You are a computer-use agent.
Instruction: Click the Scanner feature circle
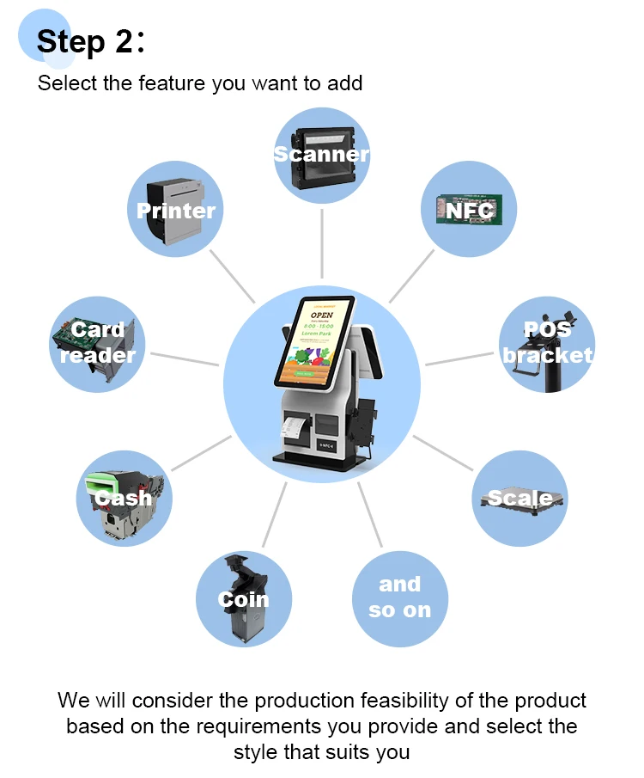(322, 156)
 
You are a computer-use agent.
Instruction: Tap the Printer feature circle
(176, 208)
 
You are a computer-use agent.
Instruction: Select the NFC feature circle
(469, 209)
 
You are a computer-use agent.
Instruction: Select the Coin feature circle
(243, 599)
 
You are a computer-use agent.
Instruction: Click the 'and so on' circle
(399, 598)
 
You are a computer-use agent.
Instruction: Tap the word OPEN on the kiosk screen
(322, 315)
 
